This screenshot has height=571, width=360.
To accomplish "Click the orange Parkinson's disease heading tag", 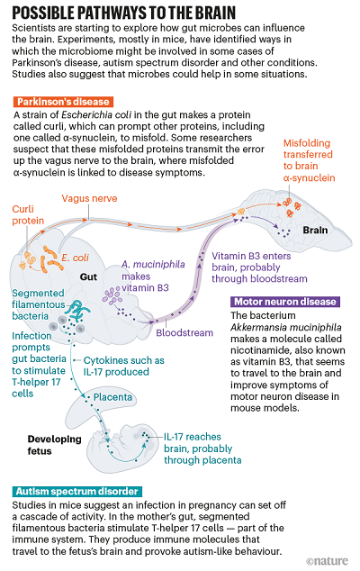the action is point(63,102).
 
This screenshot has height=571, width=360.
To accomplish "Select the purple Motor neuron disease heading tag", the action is point(285,302).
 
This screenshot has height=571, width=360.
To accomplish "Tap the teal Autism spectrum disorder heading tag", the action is point(76,491).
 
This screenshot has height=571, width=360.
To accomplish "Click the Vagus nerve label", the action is point(89,198).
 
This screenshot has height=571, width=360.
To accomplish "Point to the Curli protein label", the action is point(28,215).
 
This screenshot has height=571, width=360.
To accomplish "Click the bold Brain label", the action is point(315,231).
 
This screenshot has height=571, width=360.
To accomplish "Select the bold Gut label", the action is point(88,277).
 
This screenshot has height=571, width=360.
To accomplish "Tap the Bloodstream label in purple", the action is point(184,333).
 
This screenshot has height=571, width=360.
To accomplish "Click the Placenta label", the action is point(112,397).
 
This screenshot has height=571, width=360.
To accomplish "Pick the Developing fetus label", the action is point(54,445).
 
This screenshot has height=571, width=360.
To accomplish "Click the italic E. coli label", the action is point(75,258).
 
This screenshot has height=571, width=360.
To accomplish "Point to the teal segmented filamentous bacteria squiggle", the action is point(78,310).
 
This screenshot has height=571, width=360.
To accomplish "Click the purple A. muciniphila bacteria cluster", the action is point(112,295).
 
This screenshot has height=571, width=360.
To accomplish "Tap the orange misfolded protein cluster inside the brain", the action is point(292,206).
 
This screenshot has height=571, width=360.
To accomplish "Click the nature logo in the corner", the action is point(327,561).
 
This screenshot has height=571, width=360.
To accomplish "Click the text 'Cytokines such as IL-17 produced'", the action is point(124,366).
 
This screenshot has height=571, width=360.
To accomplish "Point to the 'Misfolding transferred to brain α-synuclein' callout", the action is point(309,160).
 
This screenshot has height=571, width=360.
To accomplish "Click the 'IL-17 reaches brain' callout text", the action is point(202,449).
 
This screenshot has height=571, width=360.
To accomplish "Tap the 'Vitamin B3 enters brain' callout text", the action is point(259,267).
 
